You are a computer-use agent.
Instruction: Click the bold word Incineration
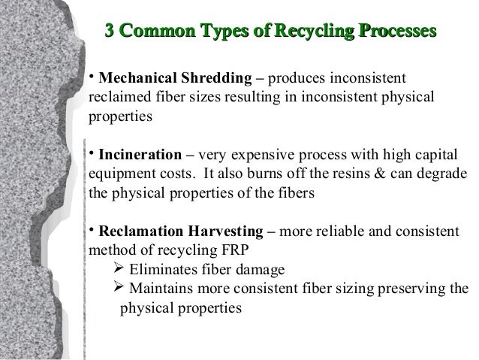click(x=141, y=156)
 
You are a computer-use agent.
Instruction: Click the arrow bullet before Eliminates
click(x=117, y=269)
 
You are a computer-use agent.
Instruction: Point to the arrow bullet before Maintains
click(x=117, y=289)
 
